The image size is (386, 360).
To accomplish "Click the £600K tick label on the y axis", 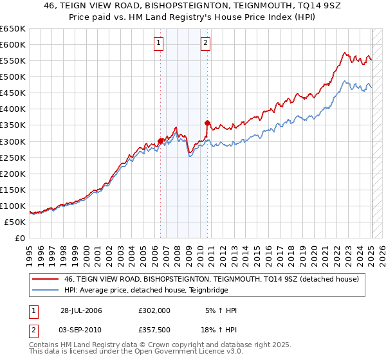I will (x=13, y=44).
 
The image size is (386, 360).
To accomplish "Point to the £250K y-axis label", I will (x=13, y=157).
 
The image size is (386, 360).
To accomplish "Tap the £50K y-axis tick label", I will (x=15, y=222).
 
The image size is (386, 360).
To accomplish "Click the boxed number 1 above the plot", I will (x=158, y=44).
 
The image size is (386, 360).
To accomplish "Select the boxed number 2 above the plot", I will (x=205, y=44).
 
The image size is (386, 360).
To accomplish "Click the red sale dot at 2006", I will (x=161, y=141).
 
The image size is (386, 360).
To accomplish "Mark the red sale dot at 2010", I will (x=207, y=123).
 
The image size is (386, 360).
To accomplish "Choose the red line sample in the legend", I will (x=46, y=278).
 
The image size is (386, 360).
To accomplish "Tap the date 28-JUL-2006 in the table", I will (x=81, y=310).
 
